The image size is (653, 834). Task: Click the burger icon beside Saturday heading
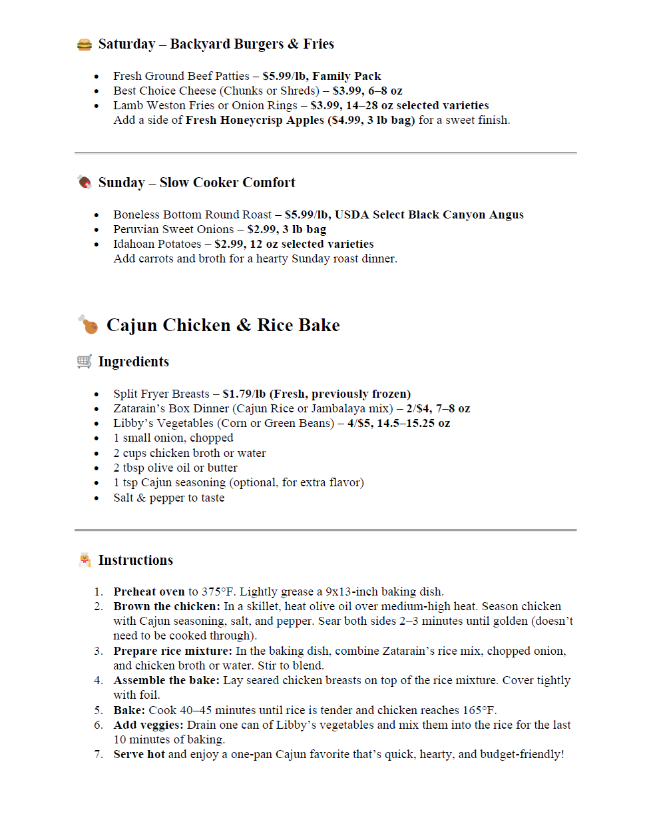[x=85, y=45]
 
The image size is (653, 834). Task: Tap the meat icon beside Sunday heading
[x=85, y=182]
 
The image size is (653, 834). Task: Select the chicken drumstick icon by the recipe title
[x=88, y=324]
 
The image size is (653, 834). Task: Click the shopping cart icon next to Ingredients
[x=85, y=361]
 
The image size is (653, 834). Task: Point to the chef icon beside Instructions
[x=85, y=560]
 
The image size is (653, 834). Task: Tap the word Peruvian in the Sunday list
[x=135, y=229]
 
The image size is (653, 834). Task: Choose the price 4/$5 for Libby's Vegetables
[x=359, y=423]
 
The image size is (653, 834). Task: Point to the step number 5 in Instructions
[x=99, y=710]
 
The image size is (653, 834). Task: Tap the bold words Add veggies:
[x=148, y=725]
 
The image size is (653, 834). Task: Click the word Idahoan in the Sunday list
[x=134, y=244]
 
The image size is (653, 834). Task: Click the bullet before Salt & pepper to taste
[x=97, y=498]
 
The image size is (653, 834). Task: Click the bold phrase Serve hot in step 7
[x=139, y=754]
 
